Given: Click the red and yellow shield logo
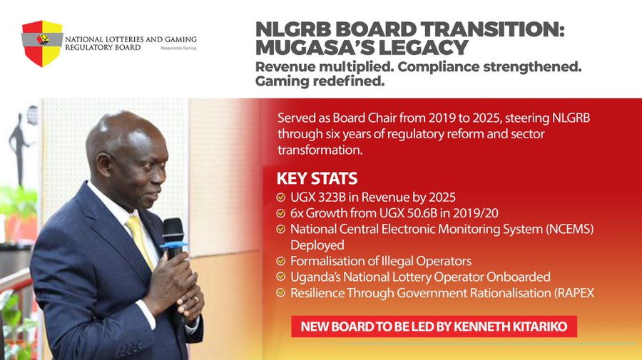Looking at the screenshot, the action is click(x=42, y=43).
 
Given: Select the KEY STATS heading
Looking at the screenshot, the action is click(x=317, y=179).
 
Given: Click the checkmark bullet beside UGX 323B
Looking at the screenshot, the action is click(x=281, y=197).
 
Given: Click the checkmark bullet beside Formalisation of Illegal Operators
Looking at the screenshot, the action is click(x=281, y=261).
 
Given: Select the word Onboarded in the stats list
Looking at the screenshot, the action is click(x=518, y=277).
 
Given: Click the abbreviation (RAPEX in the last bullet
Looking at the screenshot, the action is click(x=574, y=293).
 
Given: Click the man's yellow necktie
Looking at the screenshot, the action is click(x=141, y=242).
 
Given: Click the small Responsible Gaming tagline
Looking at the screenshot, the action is click(x=178, y=48).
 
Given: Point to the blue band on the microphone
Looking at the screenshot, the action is click(x=173, y=245).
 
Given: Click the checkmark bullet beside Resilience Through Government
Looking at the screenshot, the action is click(x=281, y=292).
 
